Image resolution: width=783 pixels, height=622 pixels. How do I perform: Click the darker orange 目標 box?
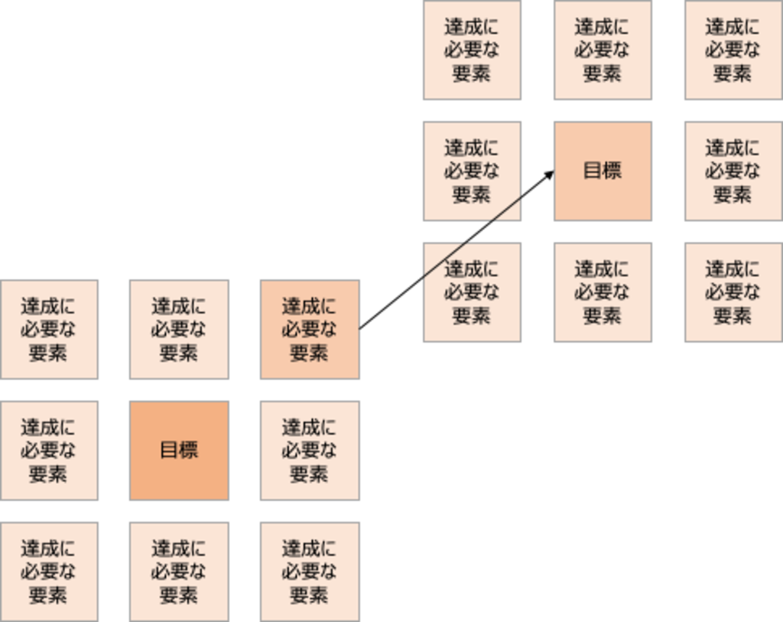click(179, 450)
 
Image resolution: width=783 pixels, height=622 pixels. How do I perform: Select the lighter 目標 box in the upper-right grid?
click(603, 171)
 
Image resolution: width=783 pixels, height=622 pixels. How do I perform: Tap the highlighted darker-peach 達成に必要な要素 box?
click(309, 329)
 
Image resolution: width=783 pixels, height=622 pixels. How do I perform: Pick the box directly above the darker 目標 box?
click(179, 329)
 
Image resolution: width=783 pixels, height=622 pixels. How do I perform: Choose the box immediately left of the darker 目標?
click(49, 450)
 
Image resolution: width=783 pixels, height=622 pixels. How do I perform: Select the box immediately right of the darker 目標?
click(309, 450)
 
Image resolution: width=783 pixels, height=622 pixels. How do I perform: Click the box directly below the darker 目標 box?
click(179, 571)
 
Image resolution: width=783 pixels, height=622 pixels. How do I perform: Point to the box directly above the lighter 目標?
click(603, 50)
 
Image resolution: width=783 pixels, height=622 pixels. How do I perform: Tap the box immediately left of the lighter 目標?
click(471, 171)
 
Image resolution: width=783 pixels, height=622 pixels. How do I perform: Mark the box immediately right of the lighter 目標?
click(733, 171)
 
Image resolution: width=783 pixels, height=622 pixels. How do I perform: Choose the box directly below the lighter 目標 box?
click(603, 291)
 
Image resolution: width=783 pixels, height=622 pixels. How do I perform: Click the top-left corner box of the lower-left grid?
click(49, 329)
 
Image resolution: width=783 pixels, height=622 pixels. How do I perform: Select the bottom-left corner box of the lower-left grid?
click(49, 571)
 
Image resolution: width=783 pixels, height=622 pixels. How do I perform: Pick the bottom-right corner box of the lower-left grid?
click(309, 571)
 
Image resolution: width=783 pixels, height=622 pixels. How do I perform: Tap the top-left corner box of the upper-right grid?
click(471, 50)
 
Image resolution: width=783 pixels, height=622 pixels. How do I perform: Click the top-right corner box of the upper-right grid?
click(733, 50)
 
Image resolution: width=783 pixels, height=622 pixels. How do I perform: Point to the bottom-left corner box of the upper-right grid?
click(471, 291)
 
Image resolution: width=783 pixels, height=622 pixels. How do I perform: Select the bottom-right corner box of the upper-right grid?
click(733, 291)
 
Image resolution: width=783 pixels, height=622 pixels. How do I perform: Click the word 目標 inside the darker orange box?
click(179, 450)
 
